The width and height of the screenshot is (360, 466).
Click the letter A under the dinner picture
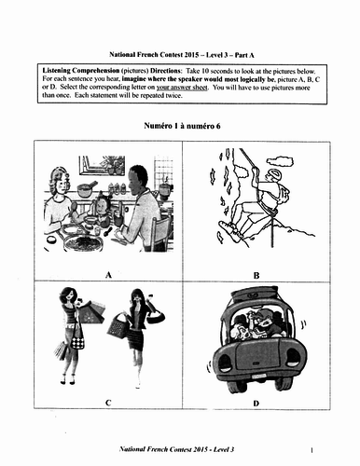[108, 275]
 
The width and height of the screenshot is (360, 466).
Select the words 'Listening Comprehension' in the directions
[73, 71]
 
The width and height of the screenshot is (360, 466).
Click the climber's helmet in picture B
[277, 173]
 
